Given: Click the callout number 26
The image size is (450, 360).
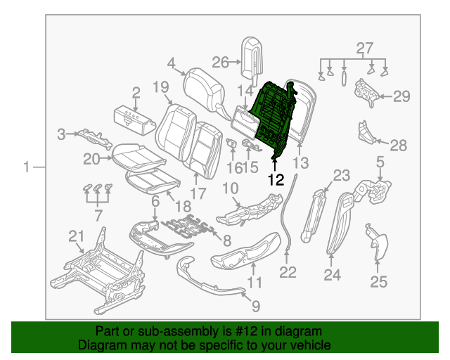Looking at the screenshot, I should pyautogui.click(x=221, y=63).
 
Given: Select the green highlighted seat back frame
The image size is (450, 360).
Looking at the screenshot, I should pyautogui.click(x=274, y=120).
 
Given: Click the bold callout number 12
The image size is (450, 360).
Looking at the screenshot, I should pyautogui.click(x=275, y=180).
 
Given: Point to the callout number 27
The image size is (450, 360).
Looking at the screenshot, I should pyautogui.click(x=364, y=49).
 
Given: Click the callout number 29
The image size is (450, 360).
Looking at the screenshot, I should pyautogui.click(x=401, y=97).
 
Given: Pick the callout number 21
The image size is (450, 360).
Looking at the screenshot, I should pyautogui.click(x=75, y=236).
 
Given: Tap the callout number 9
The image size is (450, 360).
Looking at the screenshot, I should pyautogui.click(x=255, y=306).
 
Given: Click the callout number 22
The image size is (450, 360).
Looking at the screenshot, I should pyautogui.click(x=288, y=271).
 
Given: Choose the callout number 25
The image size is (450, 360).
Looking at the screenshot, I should pyautogui.click(x=378, y=282).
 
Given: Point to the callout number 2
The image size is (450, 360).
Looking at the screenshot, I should pyautogui.click(x=135, y=91).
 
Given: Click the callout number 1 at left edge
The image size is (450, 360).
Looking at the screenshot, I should pyautogui.click(x=27, y=167).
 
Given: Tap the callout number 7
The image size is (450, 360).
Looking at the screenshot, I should pyautogui.click(x=98, y=214).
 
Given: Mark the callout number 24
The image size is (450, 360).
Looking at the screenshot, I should pyautogui.click(x=332, y=275).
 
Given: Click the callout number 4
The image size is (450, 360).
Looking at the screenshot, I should pyautogui.click(x=171, y=64).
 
